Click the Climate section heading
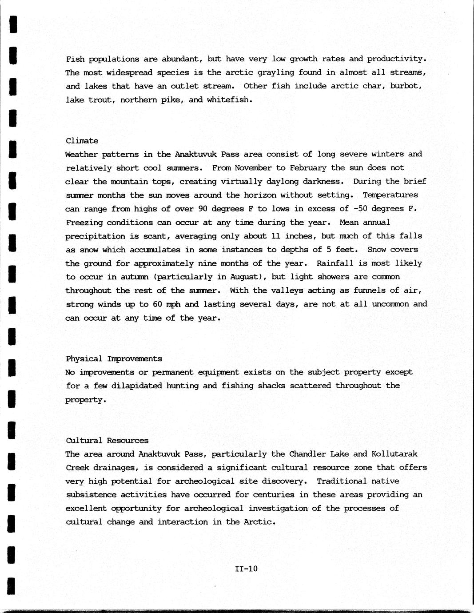pyautogui.click(x=82, y=141)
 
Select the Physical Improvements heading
pyautogui.click(x=114, y=358)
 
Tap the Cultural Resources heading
pyautogui.click(x=107, y=441)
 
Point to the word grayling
pyautogui.click(x=275, y=72)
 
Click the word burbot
pyautogui.click(x=405, y=86)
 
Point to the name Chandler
pyautogui.click(x=307, y=454)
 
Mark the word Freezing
pyautogui.click(x=84, y=223)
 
